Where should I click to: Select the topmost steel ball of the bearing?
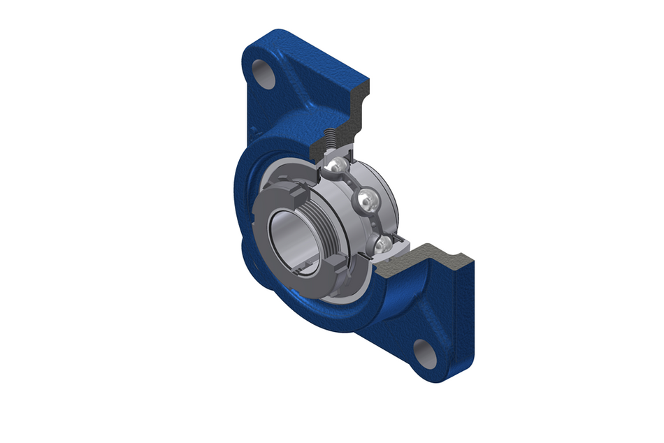(337, 165)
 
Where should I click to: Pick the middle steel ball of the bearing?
(366, 202)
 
